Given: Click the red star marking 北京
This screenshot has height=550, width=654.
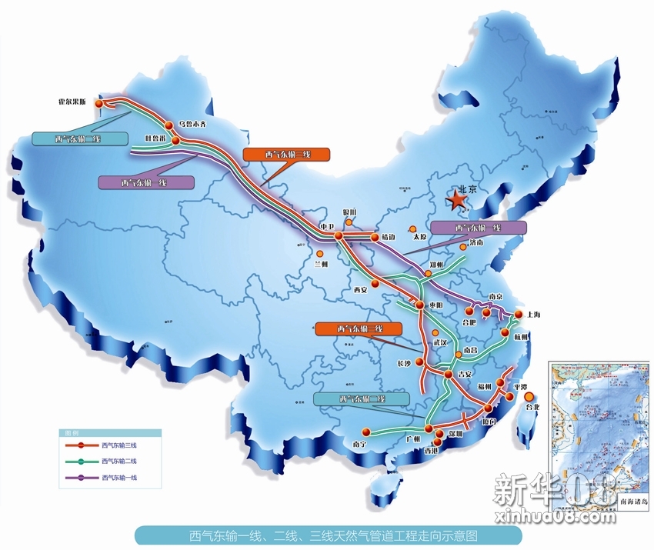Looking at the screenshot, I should coord(458,202).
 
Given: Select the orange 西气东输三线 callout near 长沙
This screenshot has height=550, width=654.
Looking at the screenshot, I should coord(359,328).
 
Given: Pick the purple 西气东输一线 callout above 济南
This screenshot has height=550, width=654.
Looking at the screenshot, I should coord(479,228).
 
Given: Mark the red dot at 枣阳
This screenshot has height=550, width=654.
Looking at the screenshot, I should coord(419,305).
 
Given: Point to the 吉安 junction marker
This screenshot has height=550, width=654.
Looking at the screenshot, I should coord(449,375).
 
